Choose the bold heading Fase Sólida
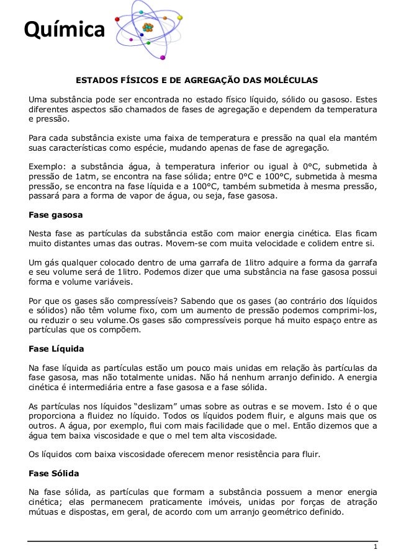click(55, 473)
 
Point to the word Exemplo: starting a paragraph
click(48, 166)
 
